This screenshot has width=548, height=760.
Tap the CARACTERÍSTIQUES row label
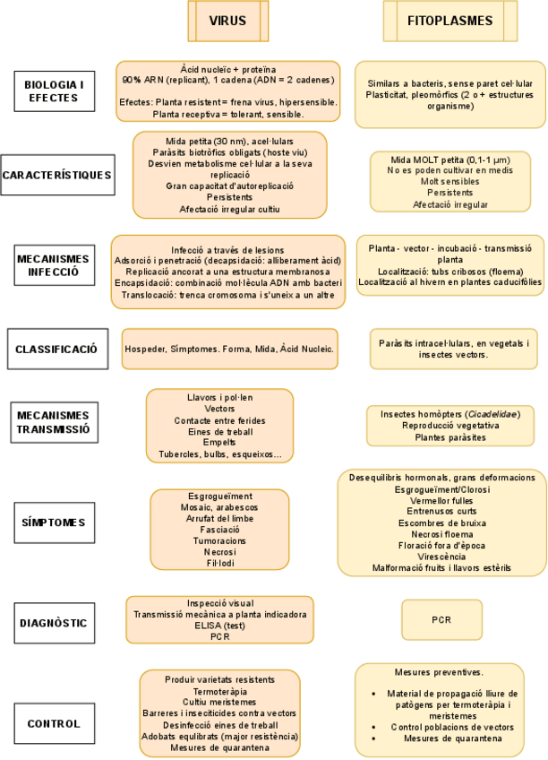[x=58, y=174]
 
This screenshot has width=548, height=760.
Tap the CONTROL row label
[x=55, y=723]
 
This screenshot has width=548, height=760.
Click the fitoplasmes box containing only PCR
[x=440, y=619]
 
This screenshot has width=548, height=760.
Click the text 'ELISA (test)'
[x=220, y=626]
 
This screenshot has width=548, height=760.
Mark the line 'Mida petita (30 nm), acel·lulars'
[x=229, y=141]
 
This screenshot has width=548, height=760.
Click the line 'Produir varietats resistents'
[x=220, y=678]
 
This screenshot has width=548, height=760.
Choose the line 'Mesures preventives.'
[x=439, y=671]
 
